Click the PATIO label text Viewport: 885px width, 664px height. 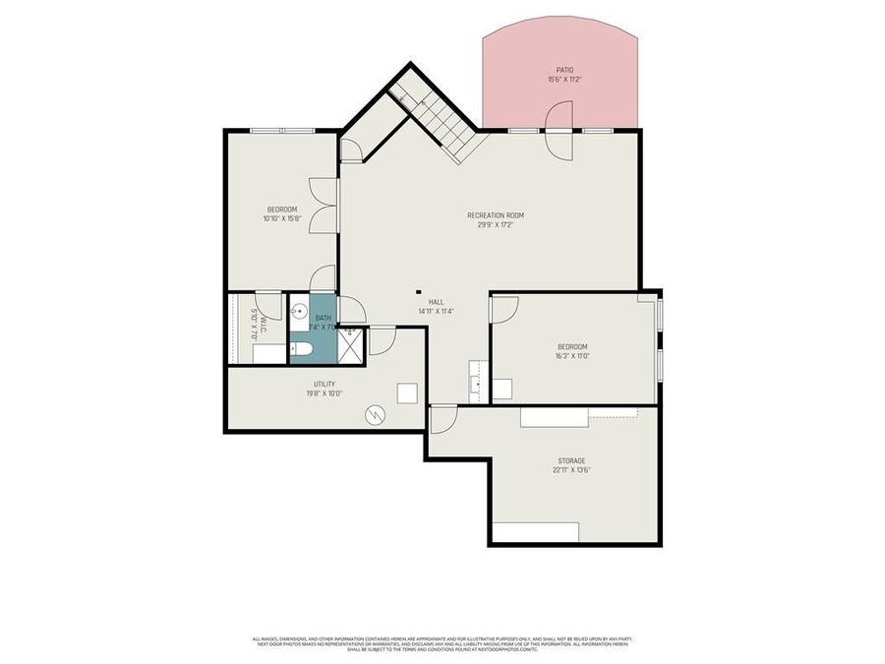click(x=563, y=69)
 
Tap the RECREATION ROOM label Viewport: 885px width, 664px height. click(x=495, y=214)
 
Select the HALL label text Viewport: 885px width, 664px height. click(x=436, y=302)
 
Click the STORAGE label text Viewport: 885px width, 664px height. click(x=571, y=460)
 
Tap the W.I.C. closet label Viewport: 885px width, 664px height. click(x=253, y=324)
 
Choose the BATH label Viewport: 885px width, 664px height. click(x=324, y=317)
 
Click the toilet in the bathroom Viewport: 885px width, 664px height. click(x=301, y=349)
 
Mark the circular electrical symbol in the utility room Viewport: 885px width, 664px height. click(x=375, y=415)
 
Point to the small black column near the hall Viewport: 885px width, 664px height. click(x=419, y=291)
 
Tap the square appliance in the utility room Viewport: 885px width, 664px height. click(x=408, y=393)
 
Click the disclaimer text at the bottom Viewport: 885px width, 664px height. click(x=442, y=644)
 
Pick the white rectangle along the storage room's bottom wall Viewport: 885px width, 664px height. click(x=537, y=532)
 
